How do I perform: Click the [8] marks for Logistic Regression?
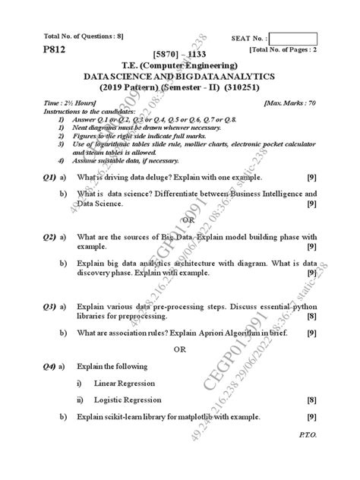[x=311, y=399]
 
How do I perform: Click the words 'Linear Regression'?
[x=126, y=383]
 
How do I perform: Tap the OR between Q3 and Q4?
[x=179, y=349]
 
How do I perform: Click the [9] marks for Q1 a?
[x=311, y=176]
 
